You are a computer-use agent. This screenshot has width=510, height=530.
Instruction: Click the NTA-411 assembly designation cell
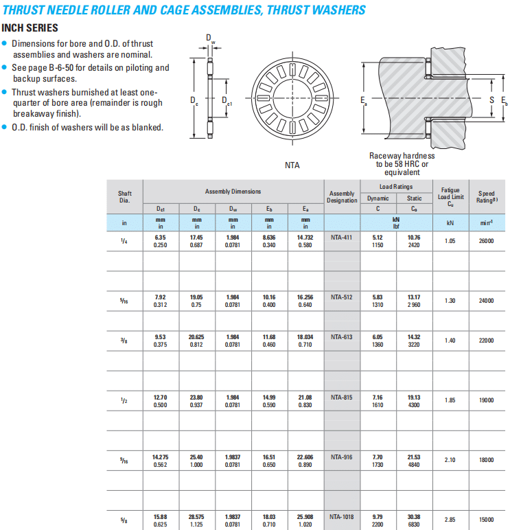tap(341, 237)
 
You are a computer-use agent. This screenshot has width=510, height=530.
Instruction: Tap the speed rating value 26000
tap(486, 241)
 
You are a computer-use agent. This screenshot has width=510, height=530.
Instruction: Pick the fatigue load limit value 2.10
tap(450, 460)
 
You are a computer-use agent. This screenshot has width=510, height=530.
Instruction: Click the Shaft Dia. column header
tap(125, 196)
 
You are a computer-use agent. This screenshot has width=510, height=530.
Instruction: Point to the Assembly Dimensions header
tap(233, 192)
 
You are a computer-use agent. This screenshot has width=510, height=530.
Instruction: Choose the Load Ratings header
tap(396, 187)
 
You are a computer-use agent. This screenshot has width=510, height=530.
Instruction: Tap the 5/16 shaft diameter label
tap(124, 300)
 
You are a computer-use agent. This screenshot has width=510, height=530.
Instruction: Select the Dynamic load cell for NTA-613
tap(378, 341)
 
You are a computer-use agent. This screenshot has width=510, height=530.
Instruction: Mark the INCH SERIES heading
tap(30, 28)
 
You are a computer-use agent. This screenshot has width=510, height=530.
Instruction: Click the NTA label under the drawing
tap(292, 165)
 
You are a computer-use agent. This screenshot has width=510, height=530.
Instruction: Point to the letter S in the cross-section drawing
tap(491, 101)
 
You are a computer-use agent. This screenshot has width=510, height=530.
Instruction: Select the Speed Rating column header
tap(486, 196)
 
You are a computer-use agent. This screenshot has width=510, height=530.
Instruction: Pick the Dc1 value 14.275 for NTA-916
tap(161, 457)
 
